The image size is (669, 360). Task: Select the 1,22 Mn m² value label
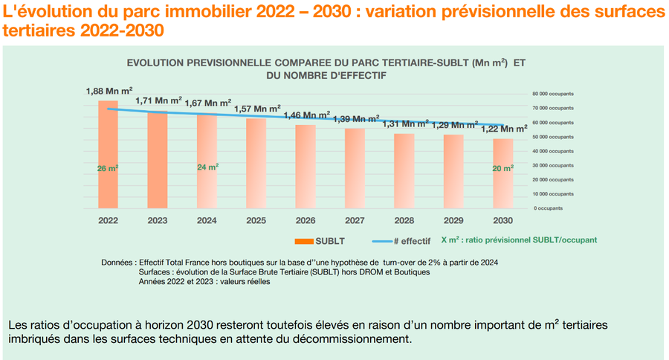[x=502, y=129]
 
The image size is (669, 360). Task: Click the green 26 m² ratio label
[x=108, y=168]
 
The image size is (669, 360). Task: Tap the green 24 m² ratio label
[x=207, y=167]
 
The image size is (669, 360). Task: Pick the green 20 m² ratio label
[x=502, y=169]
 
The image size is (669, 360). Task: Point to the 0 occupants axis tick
[x=547, y=208]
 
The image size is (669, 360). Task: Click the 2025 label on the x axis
[x=256, y=221]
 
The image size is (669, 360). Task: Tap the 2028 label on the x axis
[x=404, y=221]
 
